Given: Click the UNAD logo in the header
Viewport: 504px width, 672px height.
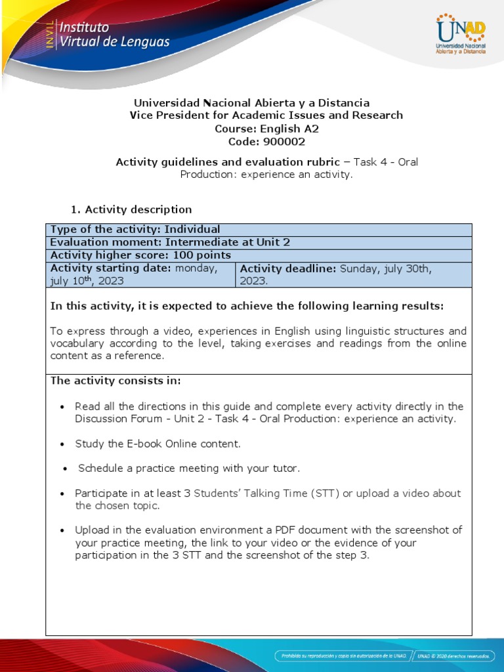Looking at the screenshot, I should tap(460, 35).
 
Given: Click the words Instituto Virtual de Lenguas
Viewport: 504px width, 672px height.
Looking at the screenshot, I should tap(114, 35).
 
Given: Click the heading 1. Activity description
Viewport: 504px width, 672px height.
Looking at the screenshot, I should tap(131, 209).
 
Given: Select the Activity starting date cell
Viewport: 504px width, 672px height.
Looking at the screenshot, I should tap(140, 274).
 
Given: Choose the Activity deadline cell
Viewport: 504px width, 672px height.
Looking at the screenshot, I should tap(353, 274).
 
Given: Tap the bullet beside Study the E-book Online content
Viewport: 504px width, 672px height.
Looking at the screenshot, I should tap(62, 444).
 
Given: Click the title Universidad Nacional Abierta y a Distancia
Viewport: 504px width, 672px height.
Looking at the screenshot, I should tap(251, 103).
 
